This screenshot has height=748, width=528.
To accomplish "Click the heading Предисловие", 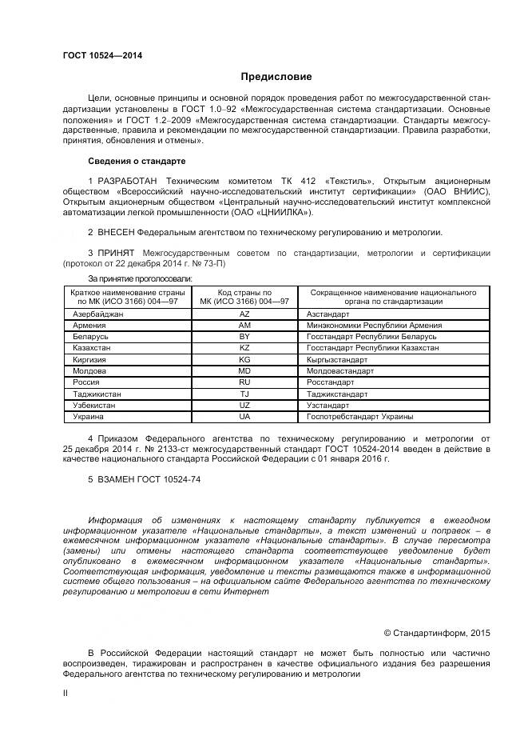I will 276,77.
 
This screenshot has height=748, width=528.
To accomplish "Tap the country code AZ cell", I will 244,315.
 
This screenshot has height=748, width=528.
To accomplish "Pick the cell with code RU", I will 244,383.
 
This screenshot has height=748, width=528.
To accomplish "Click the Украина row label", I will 87,417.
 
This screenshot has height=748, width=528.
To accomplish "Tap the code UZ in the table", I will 244,406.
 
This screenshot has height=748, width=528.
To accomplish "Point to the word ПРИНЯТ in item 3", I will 113,253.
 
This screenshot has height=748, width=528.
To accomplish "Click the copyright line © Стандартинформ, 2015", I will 436,633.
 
